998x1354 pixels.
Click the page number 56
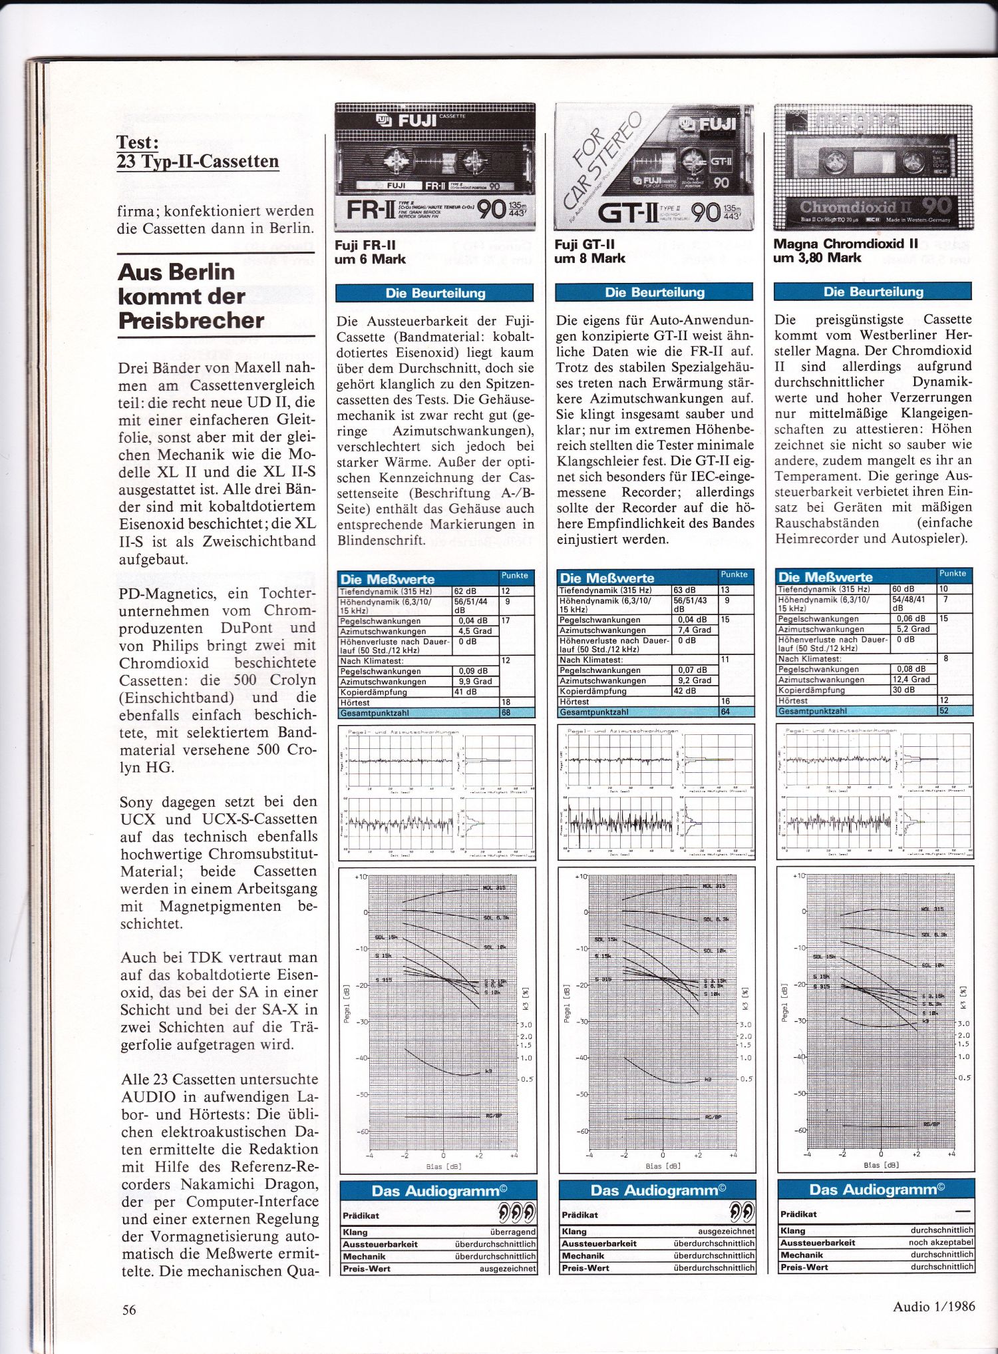click(129, 1310)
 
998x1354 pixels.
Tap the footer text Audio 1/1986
click(933, 1306)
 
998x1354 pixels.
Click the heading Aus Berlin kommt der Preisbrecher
click(191, 296)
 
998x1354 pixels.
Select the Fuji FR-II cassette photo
click(435, 166)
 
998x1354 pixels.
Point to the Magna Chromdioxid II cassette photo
click(873, 166)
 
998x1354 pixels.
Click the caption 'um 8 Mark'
click(589, 258)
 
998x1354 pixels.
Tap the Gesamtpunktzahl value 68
click(506, 713)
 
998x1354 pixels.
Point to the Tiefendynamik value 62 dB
click(465, 591)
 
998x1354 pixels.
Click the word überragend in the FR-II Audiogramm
click(513, 1232)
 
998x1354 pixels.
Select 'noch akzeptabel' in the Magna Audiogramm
click(941, 1242)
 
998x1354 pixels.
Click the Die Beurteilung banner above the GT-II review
click(654, 292)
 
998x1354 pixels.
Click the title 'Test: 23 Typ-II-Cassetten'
click(197, 152)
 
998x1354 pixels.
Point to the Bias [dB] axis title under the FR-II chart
click(444, 1166)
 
